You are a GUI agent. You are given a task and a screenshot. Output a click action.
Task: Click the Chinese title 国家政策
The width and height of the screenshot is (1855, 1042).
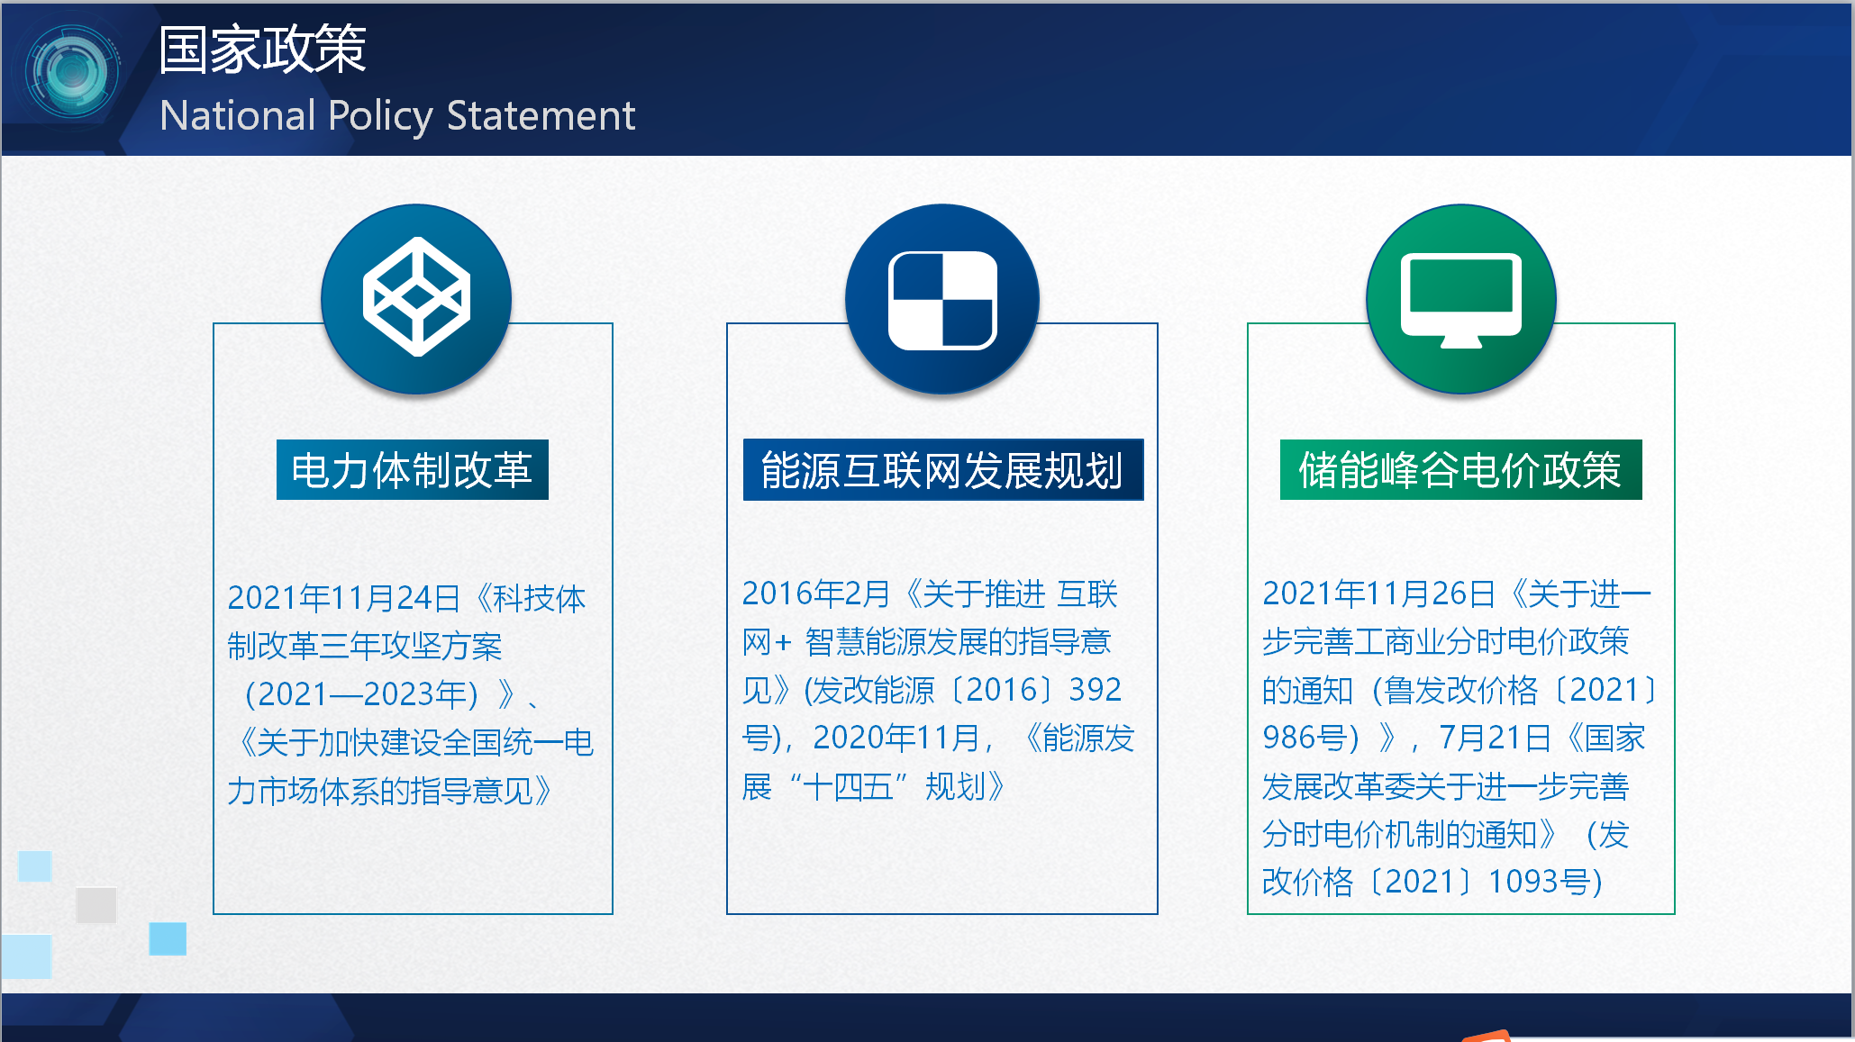(x=262, y=49)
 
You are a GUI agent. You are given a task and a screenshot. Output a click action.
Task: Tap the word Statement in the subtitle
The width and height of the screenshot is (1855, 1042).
(x=541, y=115)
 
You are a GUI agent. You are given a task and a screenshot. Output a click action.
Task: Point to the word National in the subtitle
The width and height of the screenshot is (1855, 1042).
(x=238, y=115)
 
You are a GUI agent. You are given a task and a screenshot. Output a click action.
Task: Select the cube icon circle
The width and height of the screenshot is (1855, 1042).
(x=416, y=299)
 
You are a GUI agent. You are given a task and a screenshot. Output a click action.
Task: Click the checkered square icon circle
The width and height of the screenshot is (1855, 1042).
(x=942, y=299)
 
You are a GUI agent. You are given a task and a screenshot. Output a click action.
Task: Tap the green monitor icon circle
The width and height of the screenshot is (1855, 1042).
(x=1461, y=299)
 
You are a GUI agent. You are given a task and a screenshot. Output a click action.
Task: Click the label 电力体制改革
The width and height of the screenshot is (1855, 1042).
(x=413, y=470)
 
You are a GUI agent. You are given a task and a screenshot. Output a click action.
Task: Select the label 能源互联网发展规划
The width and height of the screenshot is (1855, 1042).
(x=943, y=470)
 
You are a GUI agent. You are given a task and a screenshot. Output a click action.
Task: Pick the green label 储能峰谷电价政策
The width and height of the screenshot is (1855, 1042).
(x=1461, y=470)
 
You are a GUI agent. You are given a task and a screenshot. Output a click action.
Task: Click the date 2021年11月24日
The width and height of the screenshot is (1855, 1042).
(x=344, y=598)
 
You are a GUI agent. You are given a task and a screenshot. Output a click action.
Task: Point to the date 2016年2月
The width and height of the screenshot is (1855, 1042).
(x=816, y=593)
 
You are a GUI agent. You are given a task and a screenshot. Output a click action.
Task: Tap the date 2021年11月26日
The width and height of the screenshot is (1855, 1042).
(x=1379, y=593)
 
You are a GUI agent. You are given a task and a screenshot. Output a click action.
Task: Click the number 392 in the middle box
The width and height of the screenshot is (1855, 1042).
(x=1096, y=690)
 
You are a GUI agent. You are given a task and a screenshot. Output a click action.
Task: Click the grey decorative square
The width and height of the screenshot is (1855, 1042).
(x=96, y=905)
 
